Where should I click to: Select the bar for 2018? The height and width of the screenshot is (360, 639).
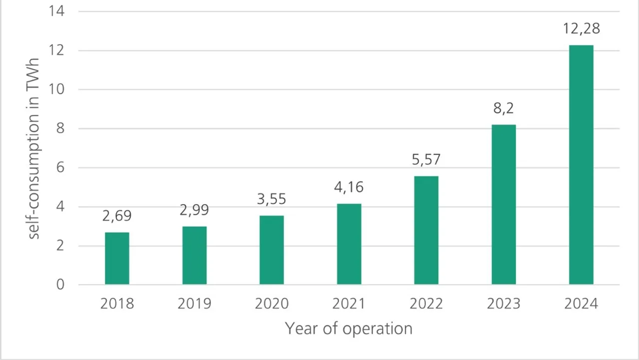[x=117, y=258]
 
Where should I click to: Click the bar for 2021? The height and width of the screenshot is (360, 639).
[x=349, y=244]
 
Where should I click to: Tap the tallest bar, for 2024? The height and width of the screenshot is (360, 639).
[x=581, y=165]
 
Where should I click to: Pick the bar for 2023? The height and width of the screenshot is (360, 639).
[x=503, y=204]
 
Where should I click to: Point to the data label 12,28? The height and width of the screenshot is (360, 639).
[x=581, y=28]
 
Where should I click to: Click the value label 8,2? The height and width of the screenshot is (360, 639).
[x=503, y=108]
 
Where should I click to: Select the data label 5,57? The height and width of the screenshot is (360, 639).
[x=426, y=160]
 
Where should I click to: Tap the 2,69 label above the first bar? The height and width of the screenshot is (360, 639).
[x=117, y=216]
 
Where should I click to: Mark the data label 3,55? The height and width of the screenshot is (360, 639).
[x=272, y=199]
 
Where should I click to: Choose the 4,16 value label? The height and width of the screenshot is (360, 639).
[x=349, y=187]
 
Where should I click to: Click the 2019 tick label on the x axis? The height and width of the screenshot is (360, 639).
[x=194, y=303]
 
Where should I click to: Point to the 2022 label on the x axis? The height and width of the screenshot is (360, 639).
[x=426, y=303]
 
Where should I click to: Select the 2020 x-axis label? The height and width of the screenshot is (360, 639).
[x=272, y=303]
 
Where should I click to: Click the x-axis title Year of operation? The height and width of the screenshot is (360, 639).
[x=348, y=328]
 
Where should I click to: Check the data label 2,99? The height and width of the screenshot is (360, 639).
[x=194, y=210]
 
